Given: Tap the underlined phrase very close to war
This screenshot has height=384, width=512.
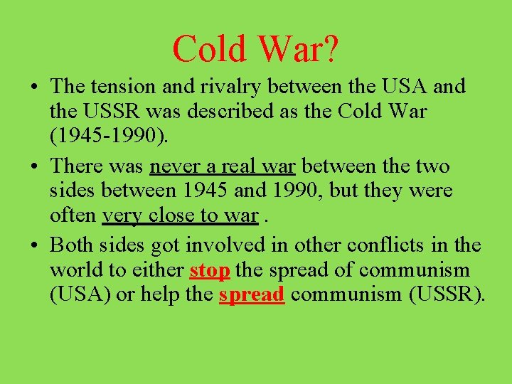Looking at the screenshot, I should pyautogui.click(x=180, y=215).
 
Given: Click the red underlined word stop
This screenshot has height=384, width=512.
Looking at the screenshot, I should pyautogui.click(x=210, y=270).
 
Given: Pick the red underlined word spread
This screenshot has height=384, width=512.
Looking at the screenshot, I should pyautogui.click(x=252, y=295).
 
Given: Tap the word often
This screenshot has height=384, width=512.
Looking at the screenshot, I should pyautogui.click(x=74, y=215).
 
